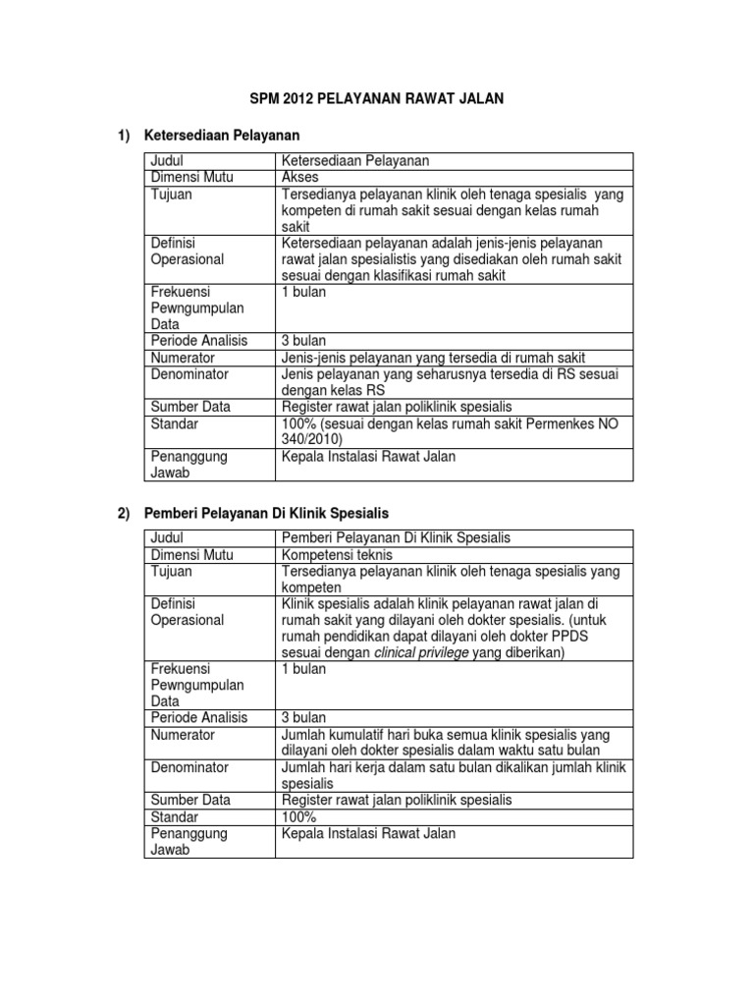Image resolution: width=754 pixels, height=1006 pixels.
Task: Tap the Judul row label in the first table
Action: coord(168,161)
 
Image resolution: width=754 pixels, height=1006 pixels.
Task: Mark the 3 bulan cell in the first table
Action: coord(304,341)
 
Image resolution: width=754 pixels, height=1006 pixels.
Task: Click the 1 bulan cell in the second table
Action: coord(304,668)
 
